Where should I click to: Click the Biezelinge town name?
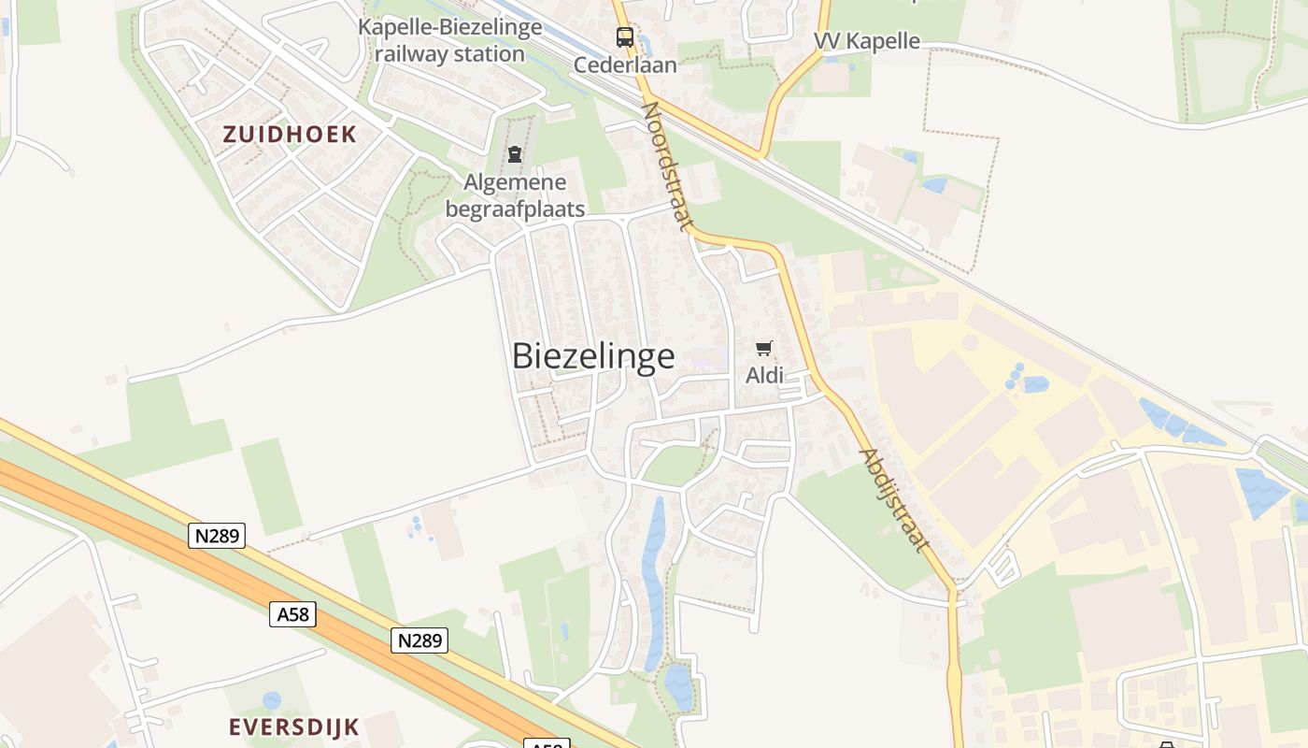point(593,356)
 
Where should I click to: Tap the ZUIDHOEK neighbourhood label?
point(290,134)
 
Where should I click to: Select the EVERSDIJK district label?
point(294,726)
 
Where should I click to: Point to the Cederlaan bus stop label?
point(625,65)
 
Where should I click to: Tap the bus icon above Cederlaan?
point(625,37)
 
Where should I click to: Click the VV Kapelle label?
point(866,41)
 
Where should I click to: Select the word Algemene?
point(515,182)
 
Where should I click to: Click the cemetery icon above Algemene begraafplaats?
point(515,154)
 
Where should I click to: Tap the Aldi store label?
point(764,376)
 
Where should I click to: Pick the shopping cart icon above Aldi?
point(764,349)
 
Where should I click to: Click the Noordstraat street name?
point(668,165)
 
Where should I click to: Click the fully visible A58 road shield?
point(292,614)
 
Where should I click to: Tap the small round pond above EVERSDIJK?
point(271,699)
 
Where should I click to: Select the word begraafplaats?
point(515,209)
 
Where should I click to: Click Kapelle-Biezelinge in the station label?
point(449,27)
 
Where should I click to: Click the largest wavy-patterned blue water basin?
point(1261,492)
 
